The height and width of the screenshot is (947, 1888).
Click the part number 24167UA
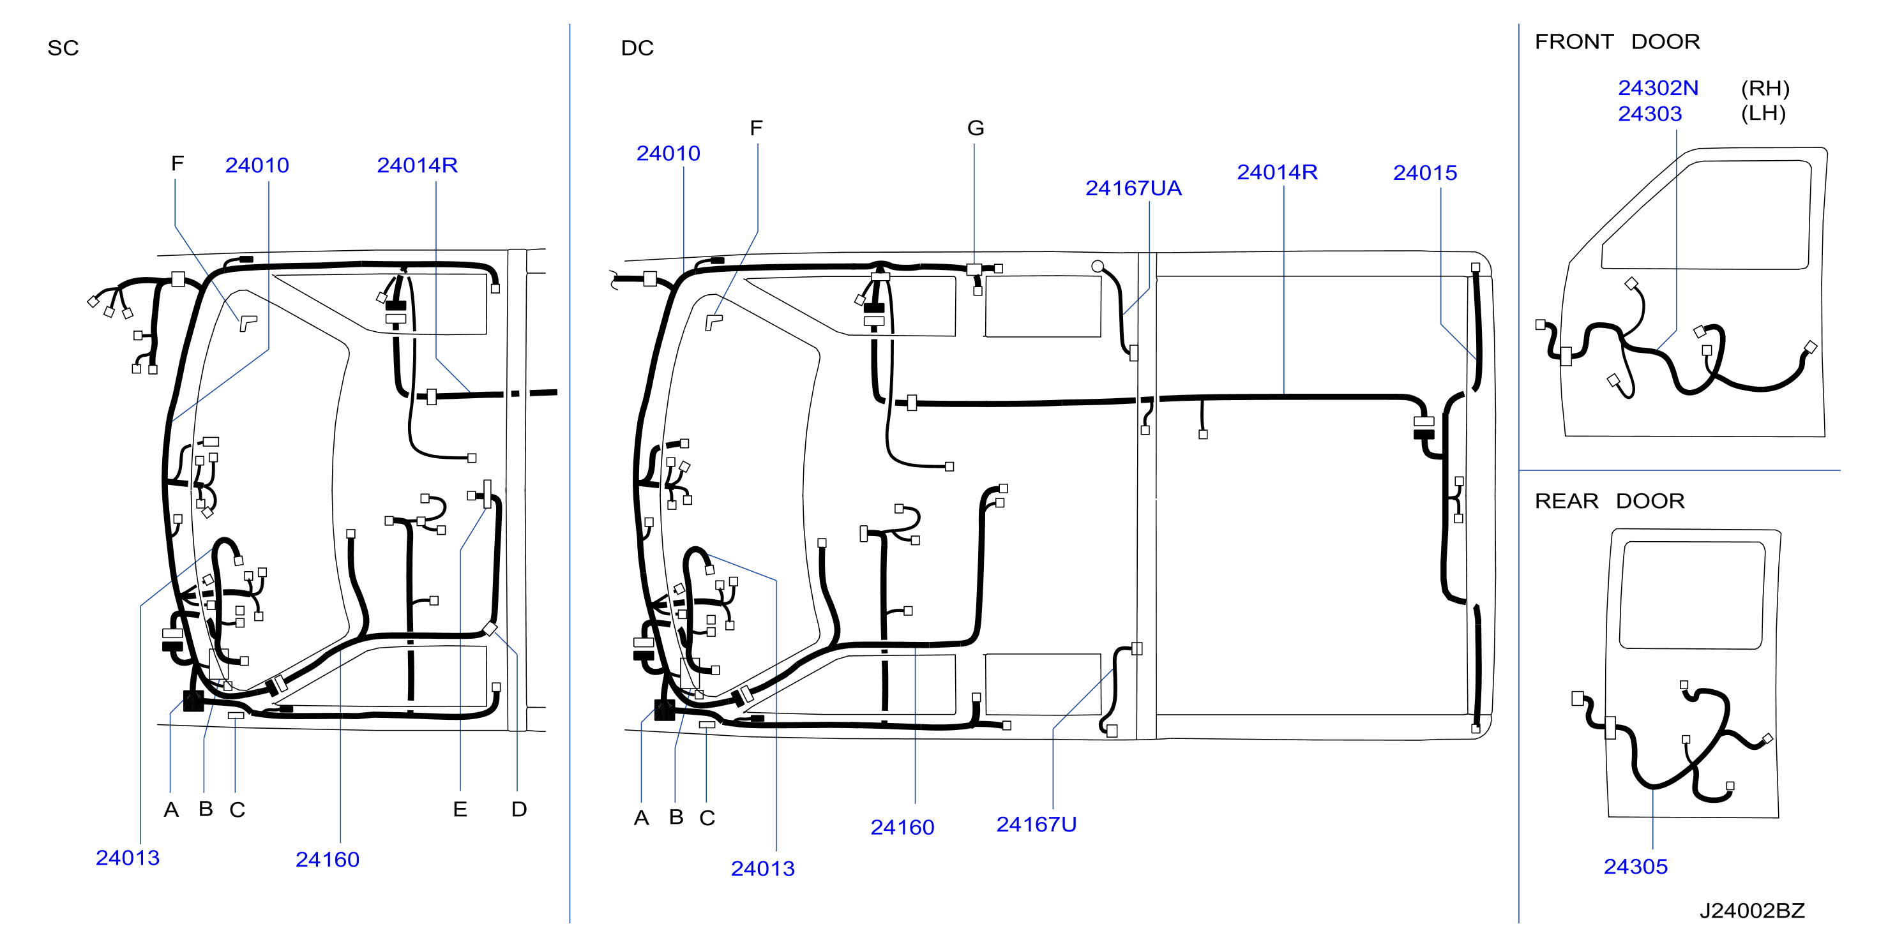pos(1133,188)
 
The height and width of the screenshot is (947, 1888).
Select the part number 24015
pos(1425,173)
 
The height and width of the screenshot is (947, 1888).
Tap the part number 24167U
pos(1036,824)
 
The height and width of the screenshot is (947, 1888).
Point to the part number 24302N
pos(1658,88)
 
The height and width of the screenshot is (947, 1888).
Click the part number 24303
pos(1650,114)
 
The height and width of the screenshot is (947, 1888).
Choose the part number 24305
pos(1635,867)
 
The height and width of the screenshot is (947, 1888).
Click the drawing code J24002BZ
pos(1751,911)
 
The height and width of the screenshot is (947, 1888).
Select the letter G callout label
pos(976,128)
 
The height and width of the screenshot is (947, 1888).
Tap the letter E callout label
pos(460,809)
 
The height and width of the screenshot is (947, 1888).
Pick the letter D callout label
pos(519,809)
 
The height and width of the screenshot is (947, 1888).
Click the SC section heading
pos(63,48)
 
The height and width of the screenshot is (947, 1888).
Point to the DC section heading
pos(637,48)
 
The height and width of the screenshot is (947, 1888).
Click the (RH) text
pos(1765,88)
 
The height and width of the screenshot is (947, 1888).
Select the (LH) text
pos(1763,114)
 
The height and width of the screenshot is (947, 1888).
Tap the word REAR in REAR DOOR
pos(1566,501)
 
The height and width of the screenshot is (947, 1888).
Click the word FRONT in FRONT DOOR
pos(1575,41)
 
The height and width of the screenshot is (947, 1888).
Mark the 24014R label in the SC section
pos(417,165)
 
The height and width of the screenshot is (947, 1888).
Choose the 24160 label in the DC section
pos(902,828)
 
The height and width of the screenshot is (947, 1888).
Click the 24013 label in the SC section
pos(128,858)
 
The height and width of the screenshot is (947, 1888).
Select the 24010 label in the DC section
pos(668,153)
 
